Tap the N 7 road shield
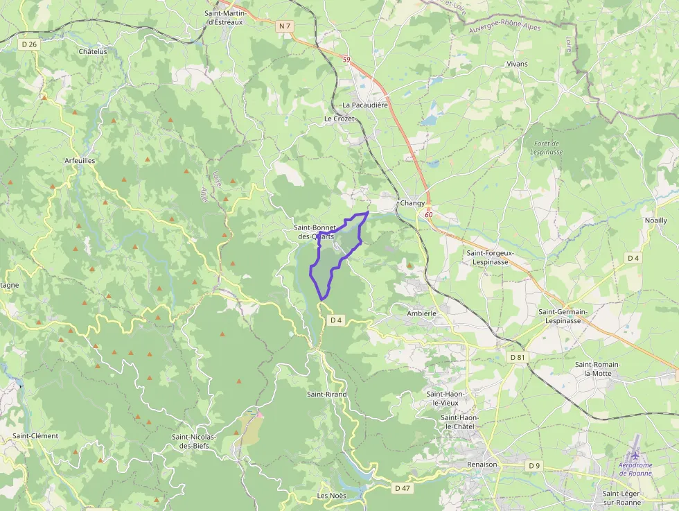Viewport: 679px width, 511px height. point(284,26)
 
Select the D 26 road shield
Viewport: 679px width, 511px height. point(28,44)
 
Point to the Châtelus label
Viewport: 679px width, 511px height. point(93,51)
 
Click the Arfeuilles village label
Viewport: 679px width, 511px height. point(79,160)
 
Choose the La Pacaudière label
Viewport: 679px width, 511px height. point(364,105)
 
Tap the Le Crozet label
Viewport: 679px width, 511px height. point(339,119)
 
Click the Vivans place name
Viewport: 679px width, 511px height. point(517,64)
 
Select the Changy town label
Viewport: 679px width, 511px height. point(412,203)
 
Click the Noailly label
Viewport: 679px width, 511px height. point(655,220)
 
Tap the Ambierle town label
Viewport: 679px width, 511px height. point(421,313)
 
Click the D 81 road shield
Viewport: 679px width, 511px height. point(518,357)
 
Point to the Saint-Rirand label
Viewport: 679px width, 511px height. point(327,394)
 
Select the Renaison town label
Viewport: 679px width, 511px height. point(482,465)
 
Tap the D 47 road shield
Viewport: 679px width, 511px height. point(403,488)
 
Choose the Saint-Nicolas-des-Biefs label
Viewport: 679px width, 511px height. point(194,441)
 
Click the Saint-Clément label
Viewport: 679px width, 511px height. point(35,436)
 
